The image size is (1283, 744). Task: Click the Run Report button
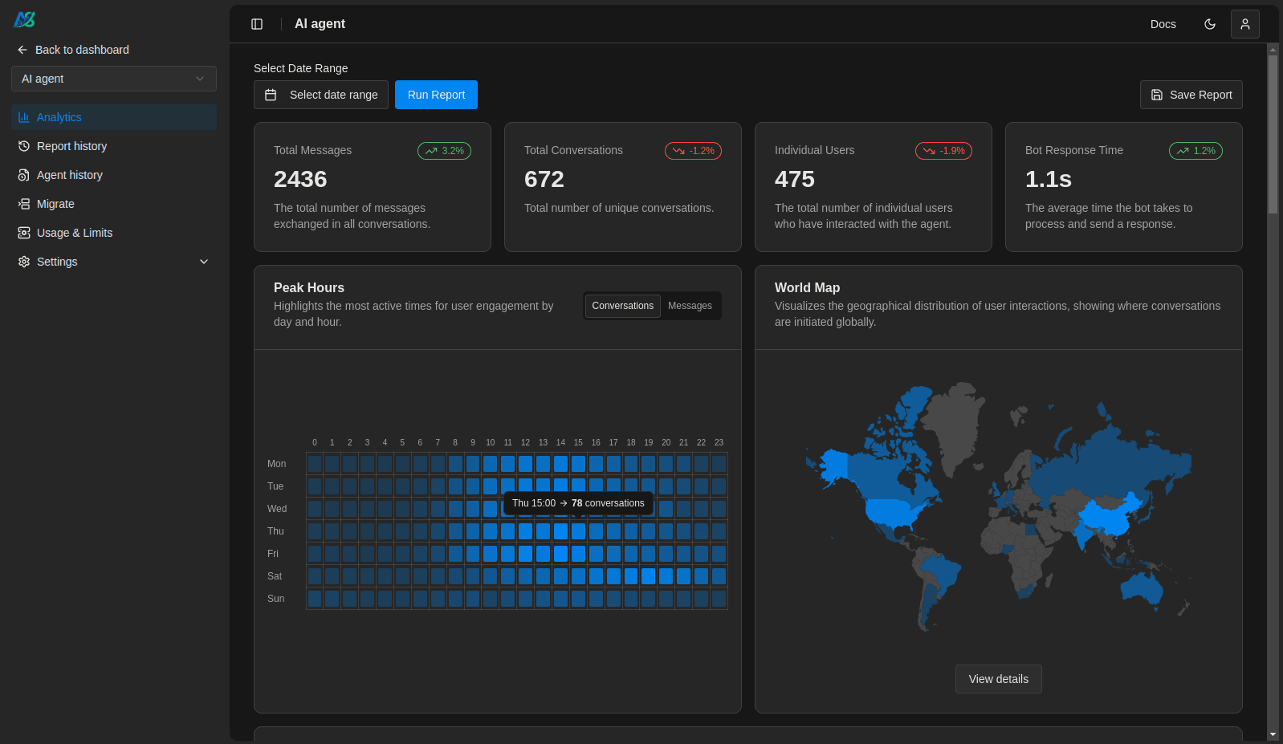[436, 95]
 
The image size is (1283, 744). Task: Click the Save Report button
[1191, 95]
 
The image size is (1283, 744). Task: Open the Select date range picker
[321, 95]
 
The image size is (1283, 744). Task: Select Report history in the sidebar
[71, 146]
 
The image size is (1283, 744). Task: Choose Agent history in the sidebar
[69, 175]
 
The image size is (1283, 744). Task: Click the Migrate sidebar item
[55, 204]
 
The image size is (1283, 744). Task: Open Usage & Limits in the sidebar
[74, 233]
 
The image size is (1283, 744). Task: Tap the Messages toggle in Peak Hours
[690, 306]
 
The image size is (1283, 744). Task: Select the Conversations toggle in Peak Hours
[622, 306]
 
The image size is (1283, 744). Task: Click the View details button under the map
[998, 679]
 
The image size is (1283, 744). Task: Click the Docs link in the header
[1163, 24]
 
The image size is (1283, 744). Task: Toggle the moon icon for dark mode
[1209, 24]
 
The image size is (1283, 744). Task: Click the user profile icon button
[1244, 24]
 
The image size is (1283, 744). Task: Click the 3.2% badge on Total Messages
[444, 151]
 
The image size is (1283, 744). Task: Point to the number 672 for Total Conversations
[544, 179]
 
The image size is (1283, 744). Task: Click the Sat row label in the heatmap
[275, 576]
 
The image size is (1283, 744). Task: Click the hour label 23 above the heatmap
[719, 442]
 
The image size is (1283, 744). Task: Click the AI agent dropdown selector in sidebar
[114, 79]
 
